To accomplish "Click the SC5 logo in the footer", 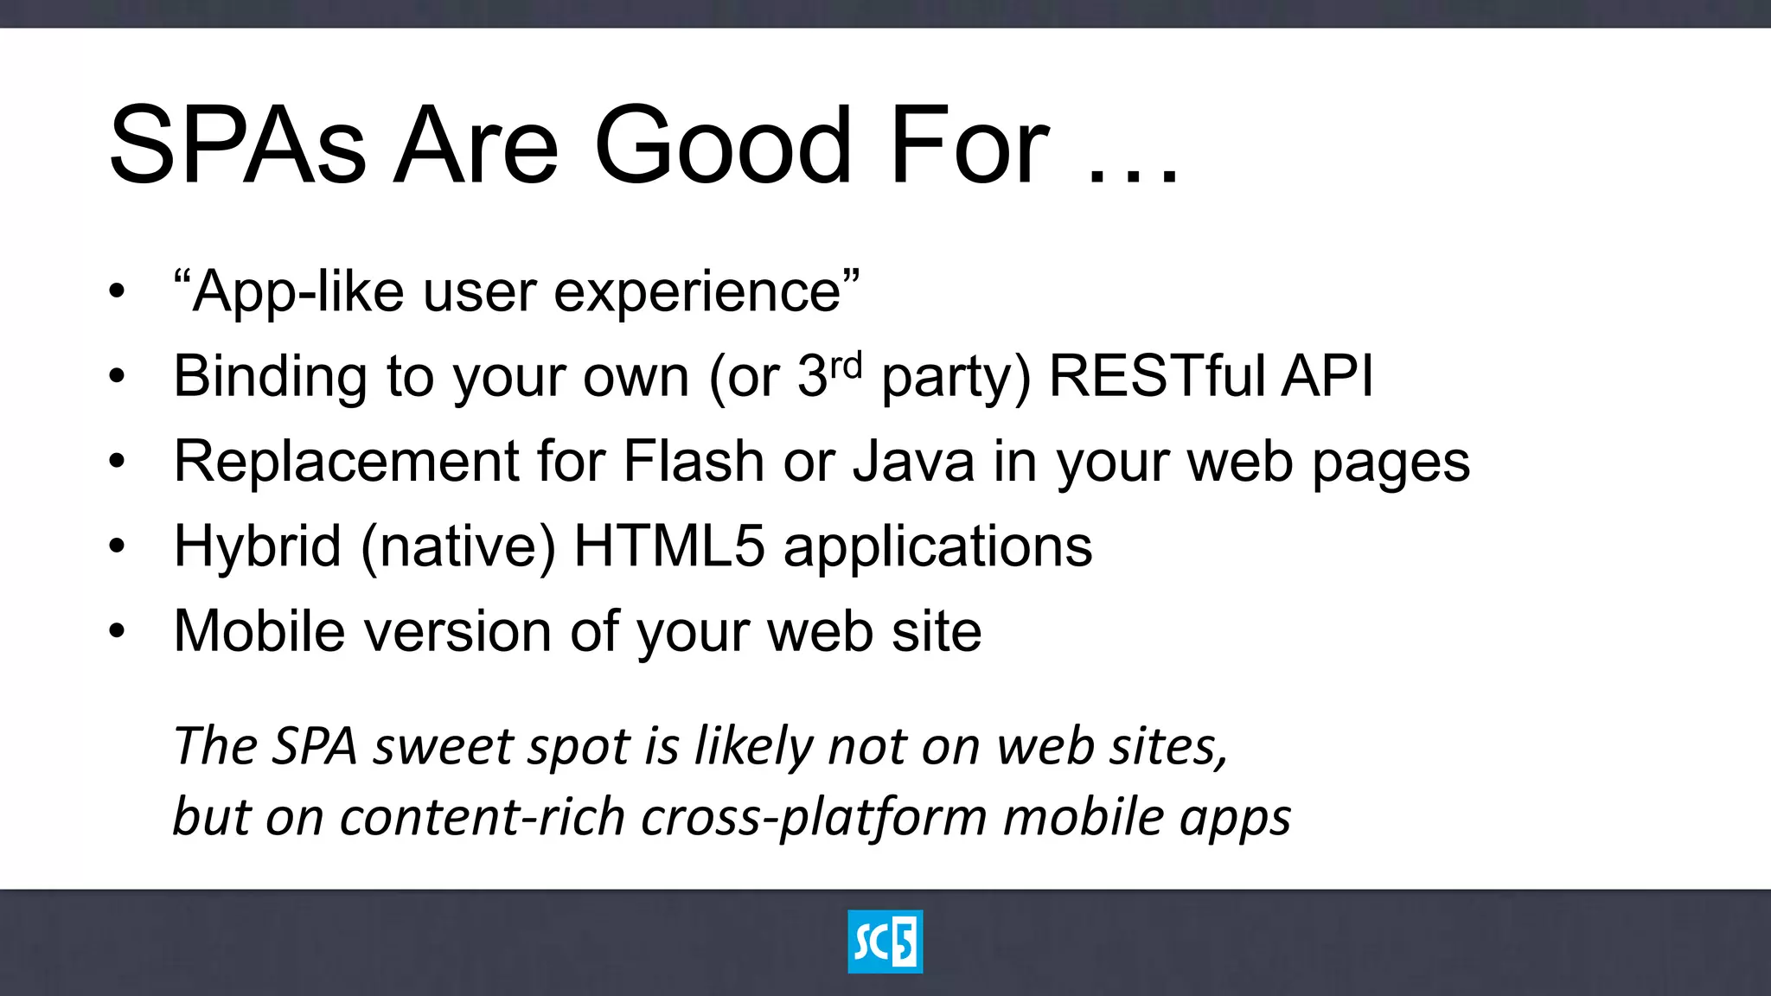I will tap(885, 942).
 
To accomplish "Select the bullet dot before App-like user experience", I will tap(117, 290).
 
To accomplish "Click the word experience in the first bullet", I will tap(697, 292).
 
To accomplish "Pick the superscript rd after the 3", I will tap(846, 366).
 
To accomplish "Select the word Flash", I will tap(693, 461).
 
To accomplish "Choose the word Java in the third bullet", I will tap(913, 461).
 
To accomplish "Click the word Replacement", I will tap(346, 461).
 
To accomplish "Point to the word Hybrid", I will tap(257, 546).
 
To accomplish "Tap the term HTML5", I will tap(668, 546).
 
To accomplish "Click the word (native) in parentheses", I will tap(457, 546).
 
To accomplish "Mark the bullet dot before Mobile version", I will tap(117, 630).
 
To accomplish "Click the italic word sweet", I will tap(443, 746).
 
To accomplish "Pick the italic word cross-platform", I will tap(813, 817).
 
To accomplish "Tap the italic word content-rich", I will tap(482, 817).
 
